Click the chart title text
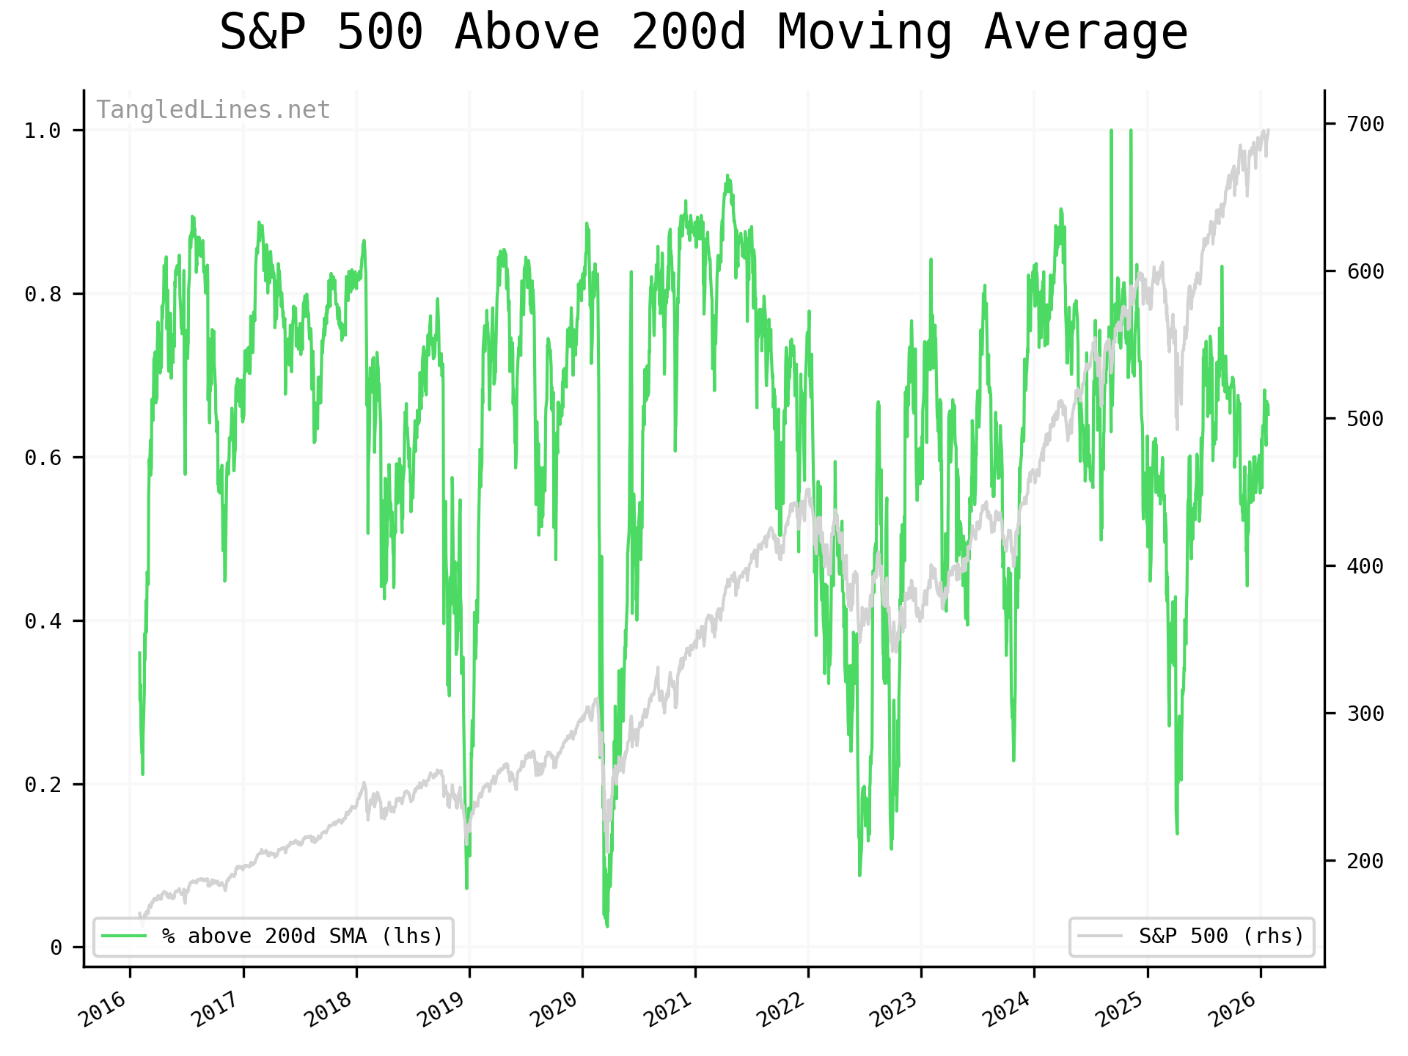tap(703, 33)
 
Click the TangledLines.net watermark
tap(213, 110)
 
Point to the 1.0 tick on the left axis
tap(42, 131)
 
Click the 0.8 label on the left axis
tap(42, 294)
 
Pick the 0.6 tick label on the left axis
tap(42, 458)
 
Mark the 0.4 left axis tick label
tap(42, 621)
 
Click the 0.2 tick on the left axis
tap(42, 785)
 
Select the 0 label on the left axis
tap(56, 948)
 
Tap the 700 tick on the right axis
tap(1365, 124)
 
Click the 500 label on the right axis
tap(1365, 419)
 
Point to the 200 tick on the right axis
tap(1365, 860)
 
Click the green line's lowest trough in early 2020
tap(607, 925)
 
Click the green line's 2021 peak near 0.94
tap(727, 176)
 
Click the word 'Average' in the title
tap(1085, 33)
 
